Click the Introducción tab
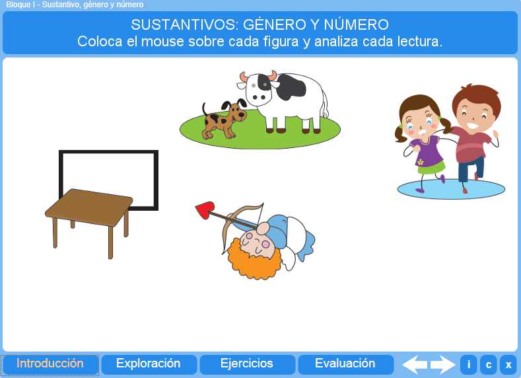point(50,363)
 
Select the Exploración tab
point(149,363)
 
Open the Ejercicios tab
point(247,363)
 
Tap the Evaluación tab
point(345,363)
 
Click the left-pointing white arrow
point(414,365)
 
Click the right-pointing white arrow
point(443,365)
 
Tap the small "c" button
point(488,365)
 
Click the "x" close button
point(508,365)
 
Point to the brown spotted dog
point(224,120)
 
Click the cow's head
point(258,88)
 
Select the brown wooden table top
point(89,208)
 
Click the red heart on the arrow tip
point(205,210)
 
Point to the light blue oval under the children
point(451,190)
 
